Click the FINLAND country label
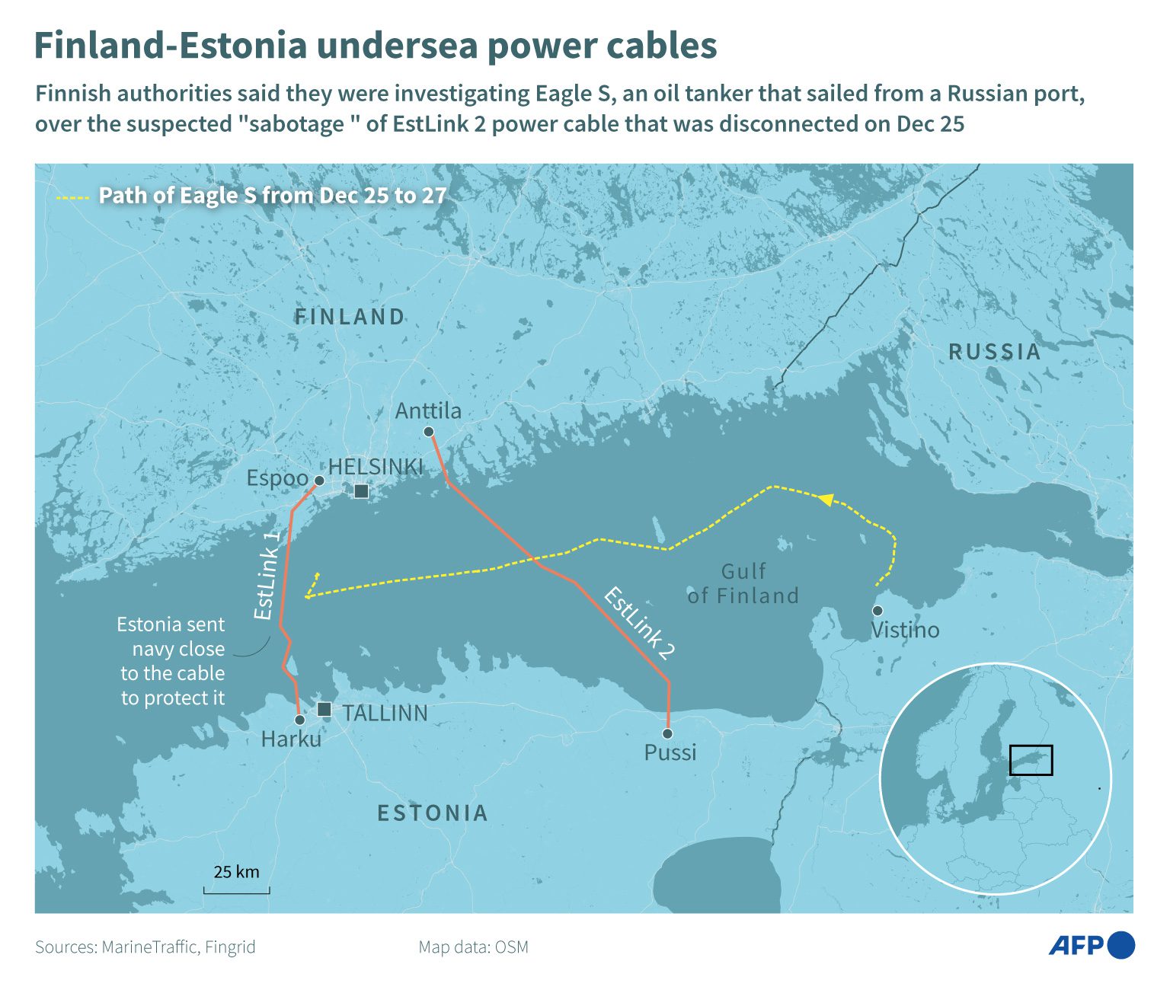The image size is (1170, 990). point(350,317)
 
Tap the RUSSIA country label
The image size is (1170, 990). point(994,352)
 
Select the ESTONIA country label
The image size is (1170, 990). point(433,813)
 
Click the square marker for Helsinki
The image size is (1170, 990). point(361,491)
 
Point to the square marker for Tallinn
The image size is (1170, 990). point(324,710)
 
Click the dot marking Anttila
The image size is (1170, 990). point(429,432)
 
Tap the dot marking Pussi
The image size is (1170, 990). point(667,733)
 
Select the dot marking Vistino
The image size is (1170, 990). point(877,611)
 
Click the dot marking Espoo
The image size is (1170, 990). point(319,481)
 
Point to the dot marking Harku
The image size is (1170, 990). point(299,720)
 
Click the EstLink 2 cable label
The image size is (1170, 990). point(638,624)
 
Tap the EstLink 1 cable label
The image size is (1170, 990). point(266,576)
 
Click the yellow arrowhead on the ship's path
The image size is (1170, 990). point(825,500)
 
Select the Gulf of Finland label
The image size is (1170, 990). point(743,583)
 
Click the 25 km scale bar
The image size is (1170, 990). point(236,889)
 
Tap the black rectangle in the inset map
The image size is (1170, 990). point(1031,760)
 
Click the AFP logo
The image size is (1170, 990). point(1091,945)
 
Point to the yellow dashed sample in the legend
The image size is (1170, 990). point(73,198)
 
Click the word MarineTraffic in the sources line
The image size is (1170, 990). point(149,947)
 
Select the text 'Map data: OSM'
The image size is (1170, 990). point(473,947)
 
